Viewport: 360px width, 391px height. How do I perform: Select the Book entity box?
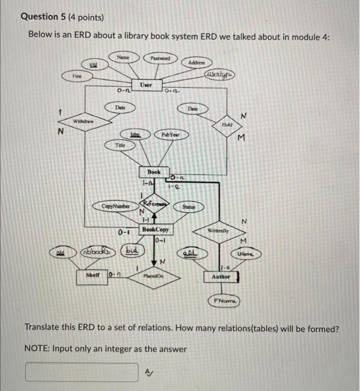pos(154,173)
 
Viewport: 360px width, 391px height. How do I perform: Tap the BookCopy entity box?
pos(155,230)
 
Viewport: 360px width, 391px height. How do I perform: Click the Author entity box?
pos(223,276)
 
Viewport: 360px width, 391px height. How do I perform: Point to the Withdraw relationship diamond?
pos(84,121)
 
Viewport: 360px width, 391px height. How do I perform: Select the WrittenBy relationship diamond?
pos(223,230)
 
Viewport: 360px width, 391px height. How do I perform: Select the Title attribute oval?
pos(120,145)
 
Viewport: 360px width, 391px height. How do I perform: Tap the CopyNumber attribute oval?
pos(116,207)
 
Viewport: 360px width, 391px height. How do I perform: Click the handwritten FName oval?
pos(224,301)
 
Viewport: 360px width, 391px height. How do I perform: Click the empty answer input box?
pos(82,371)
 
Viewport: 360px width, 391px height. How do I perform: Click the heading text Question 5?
pos(62,17)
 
